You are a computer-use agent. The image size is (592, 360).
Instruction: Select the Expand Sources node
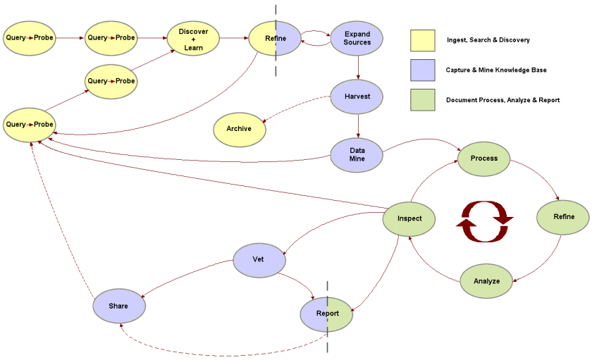357,38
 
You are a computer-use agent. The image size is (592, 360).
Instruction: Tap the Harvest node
357,96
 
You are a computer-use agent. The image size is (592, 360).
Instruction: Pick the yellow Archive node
240,129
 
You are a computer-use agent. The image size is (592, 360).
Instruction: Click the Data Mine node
357,155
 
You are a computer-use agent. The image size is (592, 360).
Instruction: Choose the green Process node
484,158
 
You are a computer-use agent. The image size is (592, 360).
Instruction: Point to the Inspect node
409,218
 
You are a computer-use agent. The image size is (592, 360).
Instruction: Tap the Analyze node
486,281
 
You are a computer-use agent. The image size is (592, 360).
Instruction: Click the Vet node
258,259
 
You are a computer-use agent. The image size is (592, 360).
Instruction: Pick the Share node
118,306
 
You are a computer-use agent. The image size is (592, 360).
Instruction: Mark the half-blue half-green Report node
327,314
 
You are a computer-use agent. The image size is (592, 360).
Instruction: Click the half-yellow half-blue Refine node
275,38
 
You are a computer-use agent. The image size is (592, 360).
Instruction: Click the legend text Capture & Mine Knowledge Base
495,70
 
